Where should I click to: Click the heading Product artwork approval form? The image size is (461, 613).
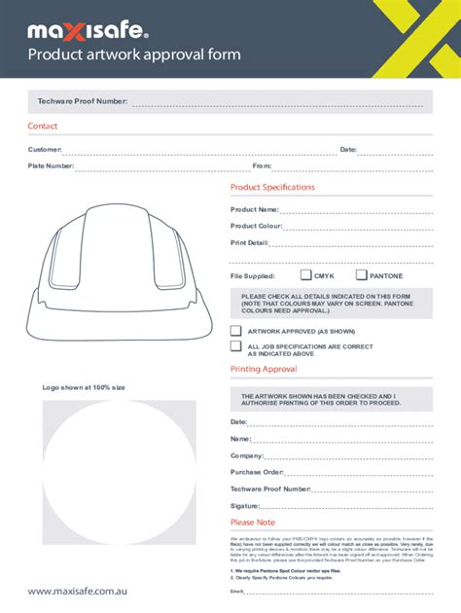[x=134, y=54]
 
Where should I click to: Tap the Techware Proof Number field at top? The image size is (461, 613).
[x=277, y=102]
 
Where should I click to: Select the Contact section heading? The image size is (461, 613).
[x=43, y=126]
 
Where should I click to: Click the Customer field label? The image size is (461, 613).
[x=45, y=150]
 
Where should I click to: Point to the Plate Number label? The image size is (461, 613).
[x=51, y=166]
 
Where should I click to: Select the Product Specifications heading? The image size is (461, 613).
[x=272, y=187]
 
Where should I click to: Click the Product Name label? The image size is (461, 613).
[x=254, y=209]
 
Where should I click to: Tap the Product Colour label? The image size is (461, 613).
[x=256, y=226]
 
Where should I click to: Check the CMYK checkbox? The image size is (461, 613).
[x=305, y=275]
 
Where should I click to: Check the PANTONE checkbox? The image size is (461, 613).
[x=361, y=275]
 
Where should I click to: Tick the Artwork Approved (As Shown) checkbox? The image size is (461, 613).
[x=235, y=331]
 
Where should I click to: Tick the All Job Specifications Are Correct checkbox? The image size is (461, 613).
[x=235, y=345]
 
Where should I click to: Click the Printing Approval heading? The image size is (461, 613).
[x=264, y=370]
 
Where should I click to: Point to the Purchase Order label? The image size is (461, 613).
[x=257, y=472]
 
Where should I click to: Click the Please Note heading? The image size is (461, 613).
[x=253, y=523]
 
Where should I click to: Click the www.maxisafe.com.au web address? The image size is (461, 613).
[x=78, y=591]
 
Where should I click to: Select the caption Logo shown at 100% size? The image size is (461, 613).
[x=84, y=387]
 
